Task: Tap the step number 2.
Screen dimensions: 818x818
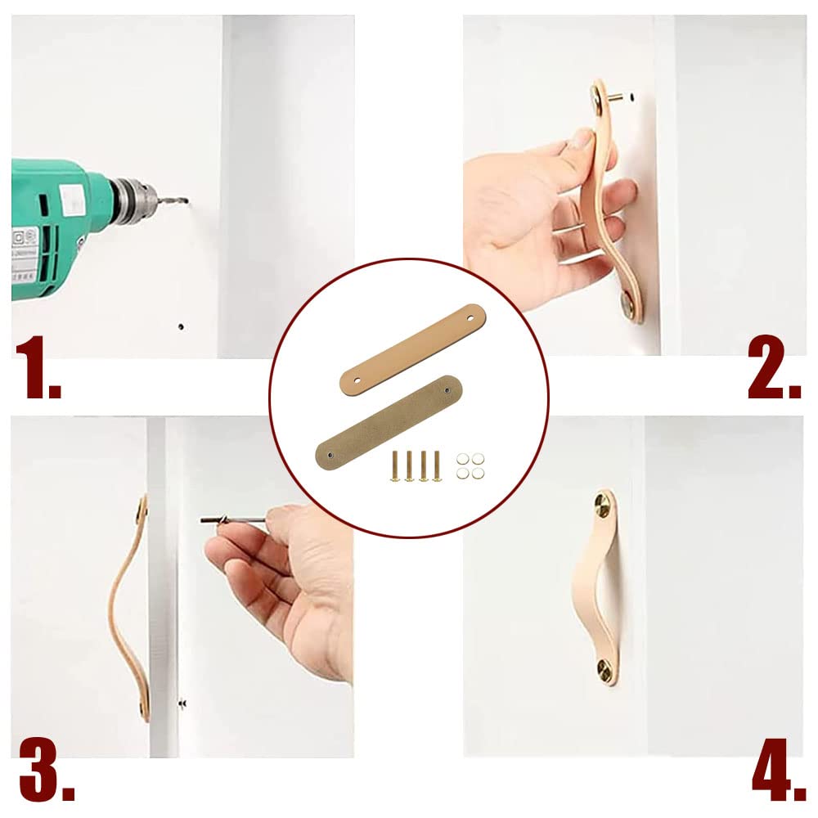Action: click(773, 372)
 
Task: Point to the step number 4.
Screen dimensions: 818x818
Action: click(777, 773)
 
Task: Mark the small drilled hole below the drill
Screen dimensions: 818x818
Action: click(181, 326)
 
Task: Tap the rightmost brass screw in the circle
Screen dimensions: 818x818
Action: click(436, 465)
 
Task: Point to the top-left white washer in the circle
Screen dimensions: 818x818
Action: click(464, 460)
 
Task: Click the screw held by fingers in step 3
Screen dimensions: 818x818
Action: click(231, 519)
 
